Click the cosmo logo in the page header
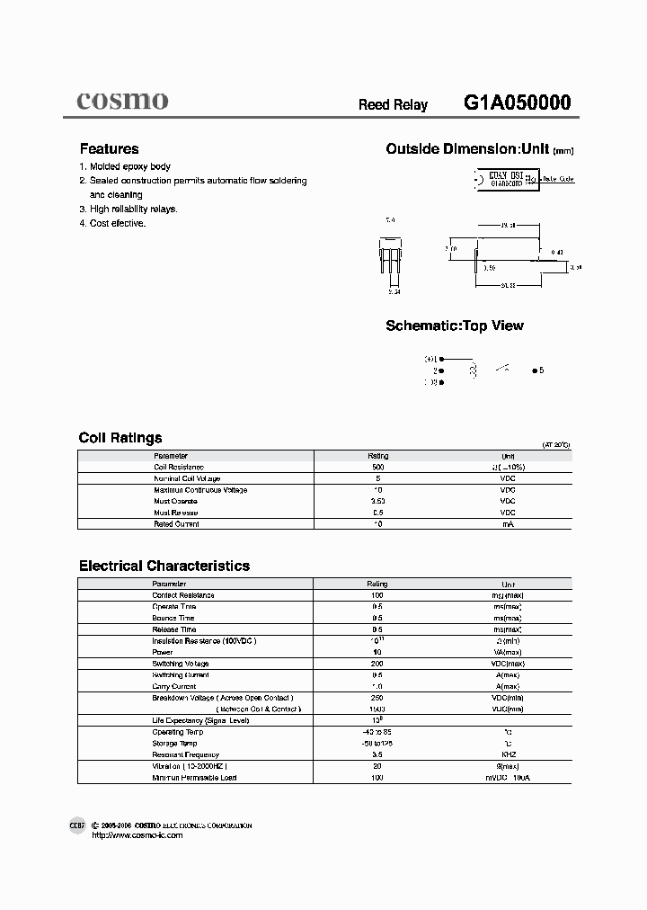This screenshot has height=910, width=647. coord(121,101)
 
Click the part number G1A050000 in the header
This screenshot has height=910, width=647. coord(518,103)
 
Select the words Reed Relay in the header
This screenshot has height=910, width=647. coord(393,104)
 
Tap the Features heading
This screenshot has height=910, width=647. coord(109,149)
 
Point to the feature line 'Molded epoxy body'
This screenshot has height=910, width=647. coord(129,166)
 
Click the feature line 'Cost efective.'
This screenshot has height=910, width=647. coord(117,223)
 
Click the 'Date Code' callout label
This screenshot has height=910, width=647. coord(557,179)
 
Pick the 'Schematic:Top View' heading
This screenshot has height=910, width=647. coord(454,326)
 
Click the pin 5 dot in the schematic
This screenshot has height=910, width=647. coord(536,370)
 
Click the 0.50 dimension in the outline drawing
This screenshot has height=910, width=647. coord(490,267)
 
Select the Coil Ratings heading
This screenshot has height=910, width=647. coord(120,438)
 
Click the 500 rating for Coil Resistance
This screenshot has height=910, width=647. coord(377,468)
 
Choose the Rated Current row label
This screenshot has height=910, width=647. coord(176,523)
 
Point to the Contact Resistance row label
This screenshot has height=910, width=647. coord(183,595)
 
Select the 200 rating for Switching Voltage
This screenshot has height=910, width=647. coord(377,664)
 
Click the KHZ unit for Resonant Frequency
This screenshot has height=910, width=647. coord(508,754)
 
